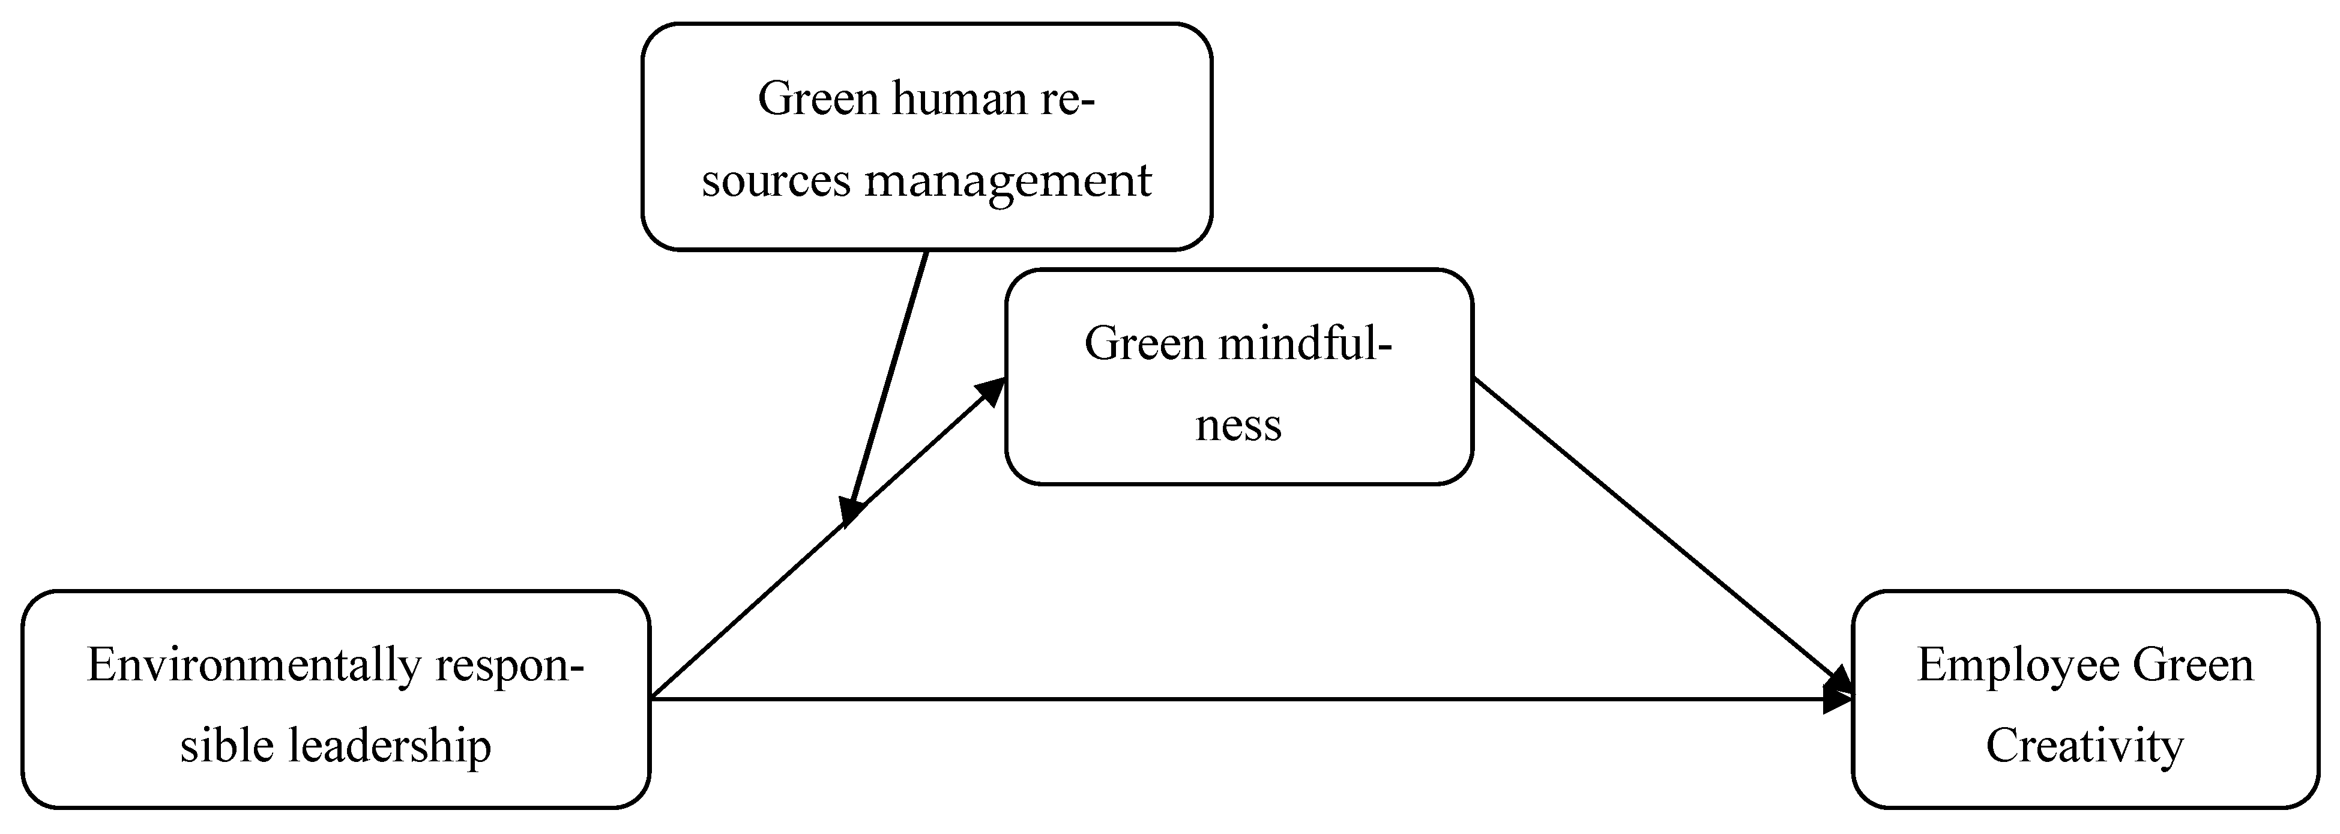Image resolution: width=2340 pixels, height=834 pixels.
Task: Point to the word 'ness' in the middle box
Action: [1238, 425]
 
